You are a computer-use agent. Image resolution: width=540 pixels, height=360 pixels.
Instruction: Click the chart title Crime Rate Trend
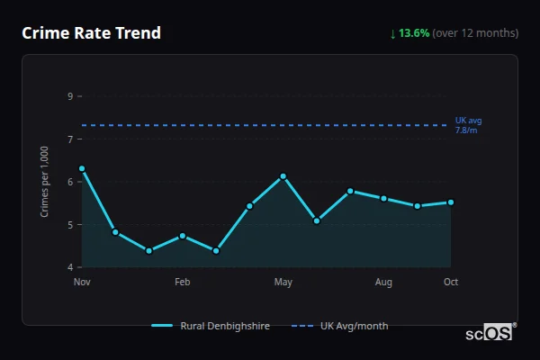(x=91, y=33)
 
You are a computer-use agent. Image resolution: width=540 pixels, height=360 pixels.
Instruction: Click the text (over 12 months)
(x=475, y=33)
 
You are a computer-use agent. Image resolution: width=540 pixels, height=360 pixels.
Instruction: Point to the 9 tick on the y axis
(x=70, y=96)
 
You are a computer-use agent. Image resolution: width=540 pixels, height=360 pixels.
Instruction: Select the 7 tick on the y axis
(x=70, y=139)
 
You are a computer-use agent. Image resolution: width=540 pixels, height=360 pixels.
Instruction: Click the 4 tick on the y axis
(x=70, y=267)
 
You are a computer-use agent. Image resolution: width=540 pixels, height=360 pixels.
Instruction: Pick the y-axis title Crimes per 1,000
(x=45, y=182)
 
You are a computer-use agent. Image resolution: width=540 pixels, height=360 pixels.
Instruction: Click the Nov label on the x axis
(x=82, y=283)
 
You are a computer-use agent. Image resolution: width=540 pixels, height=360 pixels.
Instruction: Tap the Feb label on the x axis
(x=183, y=283)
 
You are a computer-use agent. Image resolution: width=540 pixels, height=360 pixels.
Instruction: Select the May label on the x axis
(x=283, y=283)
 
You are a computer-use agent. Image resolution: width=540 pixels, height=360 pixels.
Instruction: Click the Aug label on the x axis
(x=383, y=283)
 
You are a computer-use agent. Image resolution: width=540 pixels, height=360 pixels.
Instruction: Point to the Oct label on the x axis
(x=451, y=283)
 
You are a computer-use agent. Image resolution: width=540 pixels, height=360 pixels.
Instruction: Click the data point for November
(x=82, y=168)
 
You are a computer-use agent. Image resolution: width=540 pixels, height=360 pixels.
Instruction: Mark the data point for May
(x=283, y=176)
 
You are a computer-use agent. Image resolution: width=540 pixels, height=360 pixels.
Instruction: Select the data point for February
(x=183, y=236)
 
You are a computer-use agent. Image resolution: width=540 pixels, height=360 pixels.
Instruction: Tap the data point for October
(x=451, y=202)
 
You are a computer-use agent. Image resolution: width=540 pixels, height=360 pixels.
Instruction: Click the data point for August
(x=383, y=198)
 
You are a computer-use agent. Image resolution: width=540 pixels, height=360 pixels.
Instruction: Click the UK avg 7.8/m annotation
(x=468, y=125)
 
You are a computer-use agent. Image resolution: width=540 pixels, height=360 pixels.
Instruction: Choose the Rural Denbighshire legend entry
(x=211, y=326)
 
